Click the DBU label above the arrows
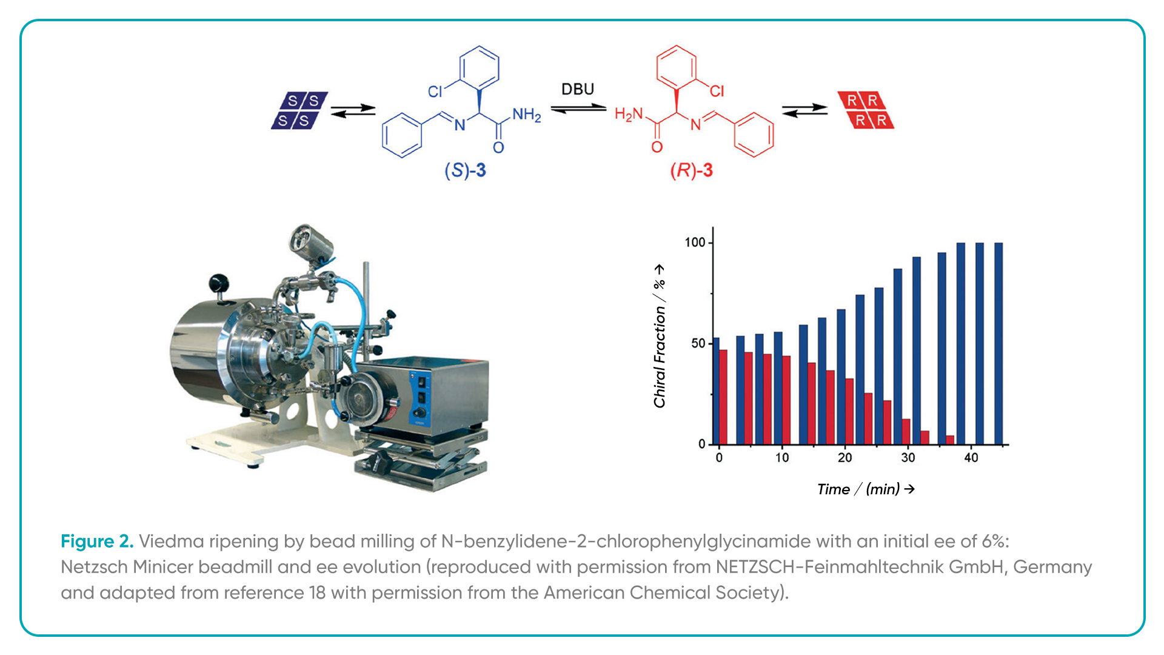point(577,89)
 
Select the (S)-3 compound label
point(465,170)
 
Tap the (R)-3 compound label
point(691,170)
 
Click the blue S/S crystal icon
point(299,110)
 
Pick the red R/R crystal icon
point(866,110)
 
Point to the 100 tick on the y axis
point(695,243)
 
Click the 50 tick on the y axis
point(698,343)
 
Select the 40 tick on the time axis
point(971,458)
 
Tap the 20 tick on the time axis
point(845,458)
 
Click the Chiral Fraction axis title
point(660,336)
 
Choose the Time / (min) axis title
point(866,489)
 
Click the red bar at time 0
point(723,397)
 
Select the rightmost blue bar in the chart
point(998,344)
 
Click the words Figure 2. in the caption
point(97,541)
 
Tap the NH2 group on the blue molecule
point(526,115)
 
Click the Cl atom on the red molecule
point(717,91)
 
